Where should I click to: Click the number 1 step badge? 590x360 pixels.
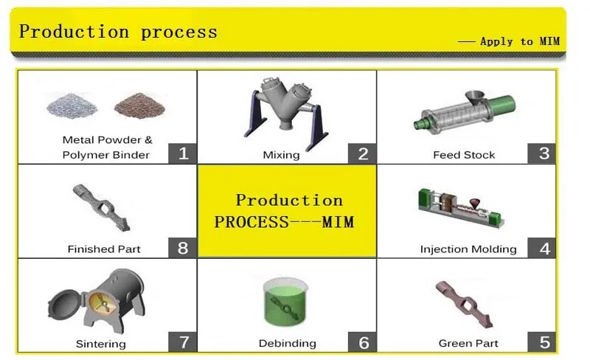(183, 153)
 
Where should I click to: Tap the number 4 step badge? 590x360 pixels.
(544, 248)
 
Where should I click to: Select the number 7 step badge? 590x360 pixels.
(183, 342)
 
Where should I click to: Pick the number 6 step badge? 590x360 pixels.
(363, 342)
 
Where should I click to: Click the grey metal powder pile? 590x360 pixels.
(72, 106)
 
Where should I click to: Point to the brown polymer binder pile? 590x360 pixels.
(139, 106)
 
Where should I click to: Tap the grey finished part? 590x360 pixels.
(103, 207)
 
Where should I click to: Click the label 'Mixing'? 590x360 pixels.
(281, 155)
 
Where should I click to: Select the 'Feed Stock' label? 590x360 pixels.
(464, 155)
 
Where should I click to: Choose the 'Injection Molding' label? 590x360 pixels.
(468, 249)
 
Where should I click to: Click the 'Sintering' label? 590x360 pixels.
(100, 344)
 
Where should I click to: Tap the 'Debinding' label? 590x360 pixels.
(287, 344)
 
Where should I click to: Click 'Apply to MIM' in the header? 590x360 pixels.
(519, 41)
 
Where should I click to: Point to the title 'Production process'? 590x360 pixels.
(118, 32)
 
